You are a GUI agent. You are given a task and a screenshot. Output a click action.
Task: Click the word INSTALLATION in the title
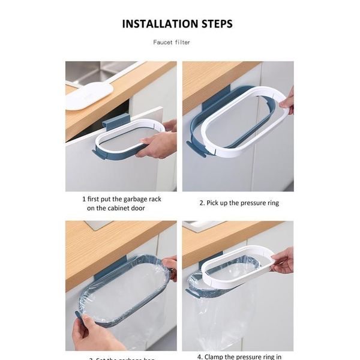(x=158, y=24)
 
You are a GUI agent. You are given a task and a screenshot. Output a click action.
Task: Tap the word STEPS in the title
(x=214, y=24)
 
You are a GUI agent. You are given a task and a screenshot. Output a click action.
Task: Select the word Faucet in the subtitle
(x=163, y=43)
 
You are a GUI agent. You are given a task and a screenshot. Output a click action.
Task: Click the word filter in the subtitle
(x=183, y=43)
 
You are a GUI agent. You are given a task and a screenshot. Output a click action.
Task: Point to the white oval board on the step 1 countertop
(x=89, y=95)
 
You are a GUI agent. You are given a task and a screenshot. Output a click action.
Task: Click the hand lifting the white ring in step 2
(x=287, y=101)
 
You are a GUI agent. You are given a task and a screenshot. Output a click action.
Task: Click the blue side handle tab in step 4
(x=193, y=293)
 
